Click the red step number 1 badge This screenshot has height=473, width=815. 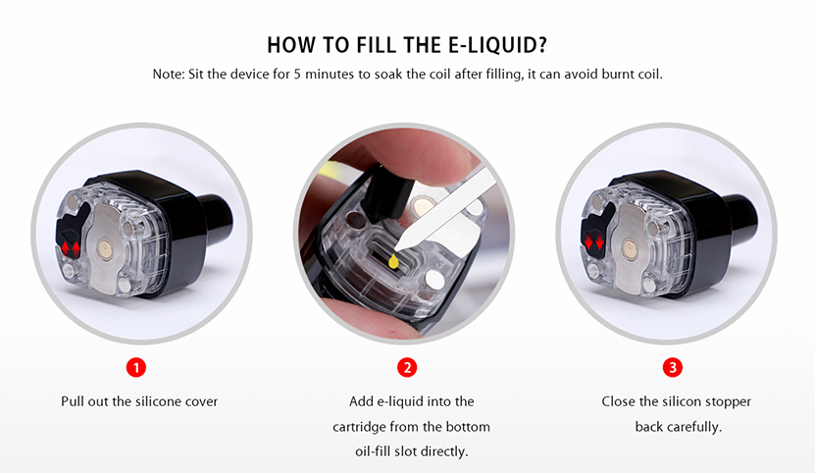pos(136,368)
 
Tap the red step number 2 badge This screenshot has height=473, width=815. pos(407,368)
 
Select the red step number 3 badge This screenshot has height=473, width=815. pos(673,368)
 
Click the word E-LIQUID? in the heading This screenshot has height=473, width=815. pos(497,45)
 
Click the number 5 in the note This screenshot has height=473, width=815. pos(297,74)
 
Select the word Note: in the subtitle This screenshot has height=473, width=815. pos(169,74)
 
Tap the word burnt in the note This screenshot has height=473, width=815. pos(618,74)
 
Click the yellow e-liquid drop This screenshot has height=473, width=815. pos(394,261)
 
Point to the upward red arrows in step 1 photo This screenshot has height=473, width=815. pos(72,248)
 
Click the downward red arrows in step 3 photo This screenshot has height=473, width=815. pos(594,242)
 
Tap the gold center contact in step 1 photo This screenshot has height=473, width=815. pos(104,248)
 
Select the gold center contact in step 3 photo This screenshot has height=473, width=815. pos(630,250)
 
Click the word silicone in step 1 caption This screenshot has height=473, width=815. pos(157,401)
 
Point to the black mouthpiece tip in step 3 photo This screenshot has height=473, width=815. pos(740,219)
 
